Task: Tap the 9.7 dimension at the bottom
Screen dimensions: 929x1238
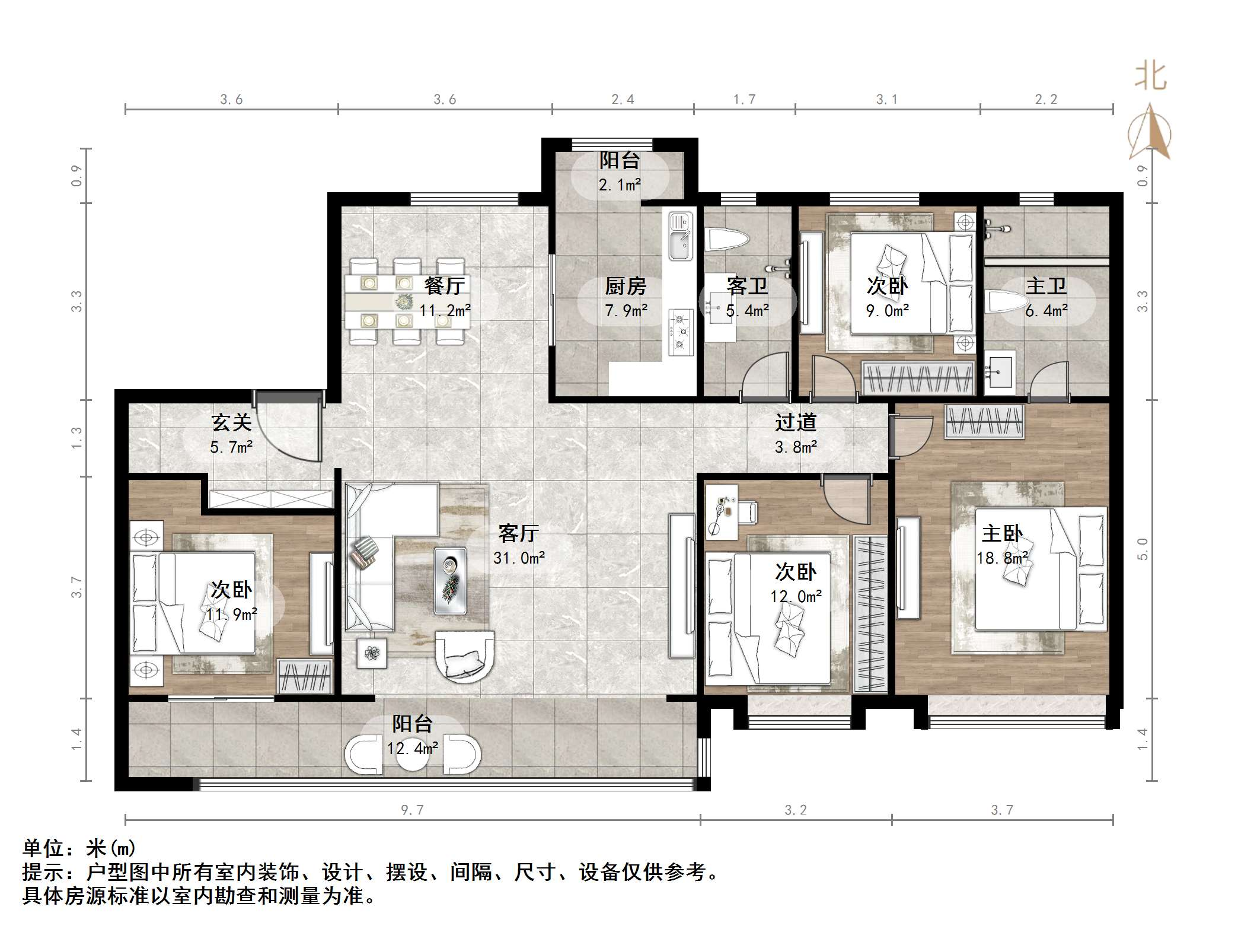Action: (412, 810)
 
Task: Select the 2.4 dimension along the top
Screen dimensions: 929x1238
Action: (623, 99)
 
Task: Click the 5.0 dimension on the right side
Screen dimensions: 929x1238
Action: (1143, 549)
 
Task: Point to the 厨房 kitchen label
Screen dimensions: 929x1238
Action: (625, 287)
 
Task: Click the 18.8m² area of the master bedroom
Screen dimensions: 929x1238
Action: (1002, 558)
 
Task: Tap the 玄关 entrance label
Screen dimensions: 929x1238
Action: (231, 422)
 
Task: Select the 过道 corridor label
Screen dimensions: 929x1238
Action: (795, 422)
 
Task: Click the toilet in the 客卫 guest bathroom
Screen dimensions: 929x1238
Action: (726, 240)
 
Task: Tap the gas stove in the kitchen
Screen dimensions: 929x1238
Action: (681, 332)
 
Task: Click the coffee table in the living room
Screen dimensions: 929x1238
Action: (450, 580)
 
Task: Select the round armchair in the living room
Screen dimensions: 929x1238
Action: (464, 656)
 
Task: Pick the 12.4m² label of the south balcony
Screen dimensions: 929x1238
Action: (413, 748)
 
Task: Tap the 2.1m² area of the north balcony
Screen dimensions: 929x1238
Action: (620, 185)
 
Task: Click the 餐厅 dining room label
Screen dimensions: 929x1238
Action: (444, 286)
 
